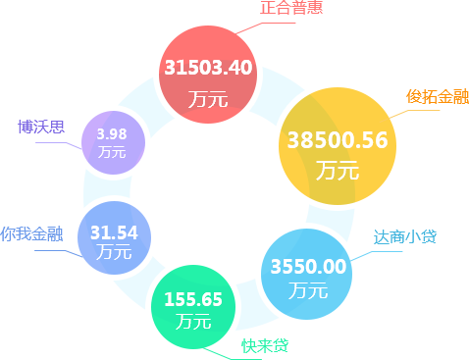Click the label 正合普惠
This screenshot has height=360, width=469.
pyautogui.click(x=291, y=8)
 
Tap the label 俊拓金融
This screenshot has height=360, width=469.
pyautogui.click(x=437, y=96)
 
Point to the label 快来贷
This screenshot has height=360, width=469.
pyautogui.click(x=265, y=345)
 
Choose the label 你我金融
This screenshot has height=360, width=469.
pyautogui.click(x=31, y=234)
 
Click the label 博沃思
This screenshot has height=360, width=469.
pyautogui.click(x=41, y=127)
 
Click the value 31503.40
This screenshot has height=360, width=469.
pyautogui.click(x=208, y=68)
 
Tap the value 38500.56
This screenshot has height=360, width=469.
pyautogui.click(x=338, y=140)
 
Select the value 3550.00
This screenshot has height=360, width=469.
pyautogui.click(x=308, y=266)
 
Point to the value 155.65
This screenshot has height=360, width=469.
pyautogui.click(x=193, y=299)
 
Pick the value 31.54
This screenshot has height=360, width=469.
pyautogui.click(x=114, y=232)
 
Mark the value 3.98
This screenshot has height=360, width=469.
pyautogui.click(x=112, y=133)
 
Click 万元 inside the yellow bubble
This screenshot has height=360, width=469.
pyautogui.click(x=338, y=170)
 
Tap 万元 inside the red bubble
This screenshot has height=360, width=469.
pyautogui.click(x=208, y=98)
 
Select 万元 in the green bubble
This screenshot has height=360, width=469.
pyautogui.click(x=193, y=321)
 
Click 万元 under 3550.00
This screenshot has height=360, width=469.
pyautogui.click(x=308, y=290)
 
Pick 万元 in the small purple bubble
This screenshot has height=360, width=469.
pyautogui.click(x=112, y=152)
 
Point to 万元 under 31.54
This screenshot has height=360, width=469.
pyautogui.click(x=114, y=252)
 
